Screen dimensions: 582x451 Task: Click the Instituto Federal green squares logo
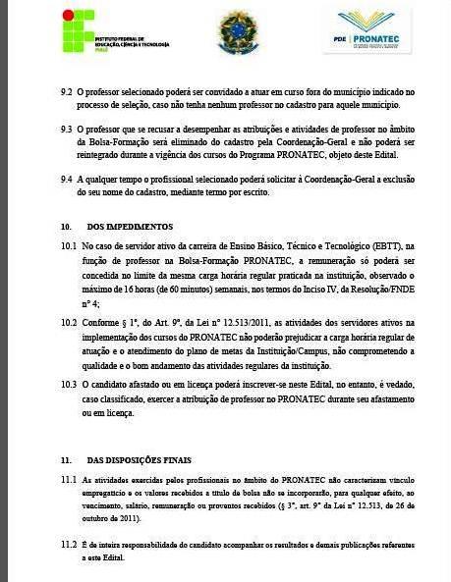click(x=79, y=30)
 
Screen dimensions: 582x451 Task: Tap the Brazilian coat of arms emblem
click(x=237, y=31)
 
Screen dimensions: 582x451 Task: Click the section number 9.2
click(x=67, y=91)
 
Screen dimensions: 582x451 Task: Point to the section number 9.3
click(x=67, y=129)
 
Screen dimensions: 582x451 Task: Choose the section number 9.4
click(x=67, y=180)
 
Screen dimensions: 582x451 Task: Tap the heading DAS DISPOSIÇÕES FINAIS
click(x=139, y=459)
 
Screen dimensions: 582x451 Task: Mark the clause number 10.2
click(x=69, y=321)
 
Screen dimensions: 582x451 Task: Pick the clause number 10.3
click(x=69, y=385)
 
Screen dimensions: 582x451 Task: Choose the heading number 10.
click(x=65, y=226)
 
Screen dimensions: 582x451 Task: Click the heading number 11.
click(x=65, y=459)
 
